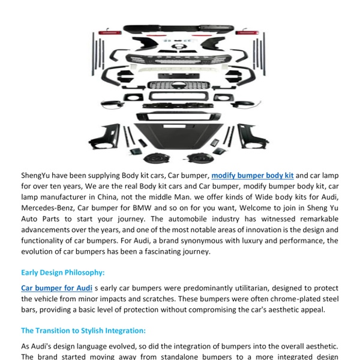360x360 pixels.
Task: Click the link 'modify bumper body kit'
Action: click(x=252, y=176)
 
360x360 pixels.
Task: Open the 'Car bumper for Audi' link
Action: click(x=56, y=288)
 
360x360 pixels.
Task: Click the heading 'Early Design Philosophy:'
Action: click(x=62, y=272)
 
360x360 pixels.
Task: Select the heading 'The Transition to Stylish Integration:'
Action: click(x=83, y=331)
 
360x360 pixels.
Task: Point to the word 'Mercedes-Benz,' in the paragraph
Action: click(x=49, y=208)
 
